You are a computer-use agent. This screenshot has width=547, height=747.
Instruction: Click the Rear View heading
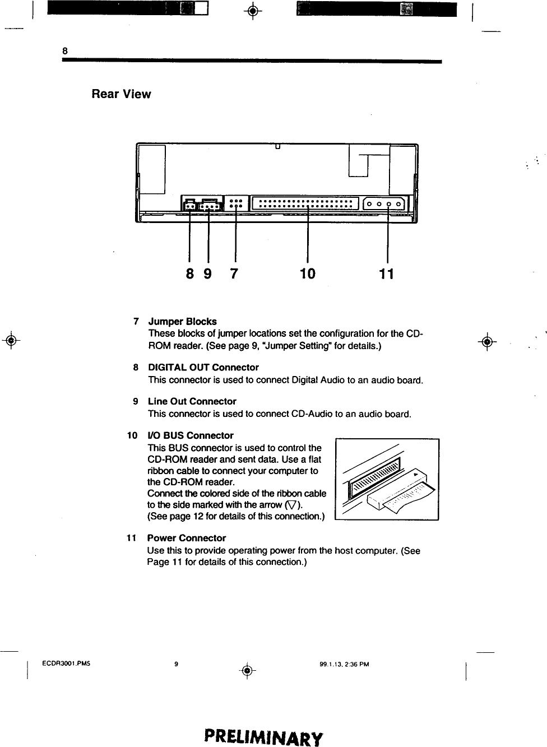coord(121,94)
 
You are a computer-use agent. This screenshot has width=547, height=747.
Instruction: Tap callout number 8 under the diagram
coord(190,273)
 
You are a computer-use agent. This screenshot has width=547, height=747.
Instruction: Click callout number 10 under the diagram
coord(308,273)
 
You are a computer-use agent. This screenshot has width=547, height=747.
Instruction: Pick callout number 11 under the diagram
coord(387,273)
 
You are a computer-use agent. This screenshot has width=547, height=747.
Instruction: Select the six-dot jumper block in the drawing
coord(236,203)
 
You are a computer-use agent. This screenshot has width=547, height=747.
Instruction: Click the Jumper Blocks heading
coord(182,322)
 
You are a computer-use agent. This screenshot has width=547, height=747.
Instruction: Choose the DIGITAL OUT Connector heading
coord(203,368)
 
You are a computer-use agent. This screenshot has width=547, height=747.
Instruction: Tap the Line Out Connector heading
coord(192,401)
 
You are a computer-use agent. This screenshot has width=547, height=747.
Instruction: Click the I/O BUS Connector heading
coord(190,435)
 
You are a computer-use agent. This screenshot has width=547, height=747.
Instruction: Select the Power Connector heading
coord(186,538)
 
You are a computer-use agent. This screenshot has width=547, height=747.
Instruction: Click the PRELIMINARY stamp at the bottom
coord(263,736)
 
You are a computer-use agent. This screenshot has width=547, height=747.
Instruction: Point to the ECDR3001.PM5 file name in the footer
coord(67,664)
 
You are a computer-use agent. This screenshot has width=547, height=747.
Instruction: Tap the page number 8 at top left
coord(64,50)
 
